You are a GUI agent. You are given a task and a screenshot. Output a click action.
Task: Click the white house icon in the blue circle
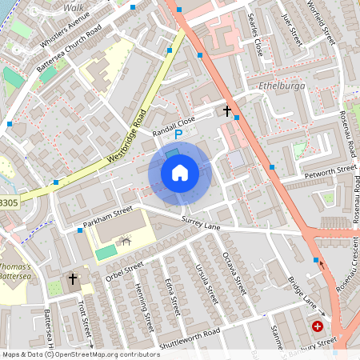pyautogui.click(x=179, y=172)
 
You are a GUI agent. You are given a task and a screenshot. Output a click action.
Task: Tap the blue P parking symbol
pyautogui.click(x=179, y=135)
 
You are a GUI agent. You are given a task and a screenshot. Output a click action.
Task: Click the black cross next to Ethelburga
pyautogui.click(x=227, y=111)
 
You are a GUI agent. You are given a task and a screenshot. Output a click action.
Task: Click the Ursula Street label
pyautogui.click(x=205, y=283)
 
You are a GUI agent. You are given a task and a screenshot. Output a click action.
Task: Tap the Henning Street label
pyautogui.click(x=143, y=305)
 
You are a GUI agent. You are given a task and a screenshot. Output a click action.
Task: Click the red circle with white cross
pyautogui.click(x=318, y=326)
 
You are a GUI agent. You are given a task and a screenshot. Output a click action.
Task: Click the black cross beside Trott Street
pyautogui.click(x=73, y=279)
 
